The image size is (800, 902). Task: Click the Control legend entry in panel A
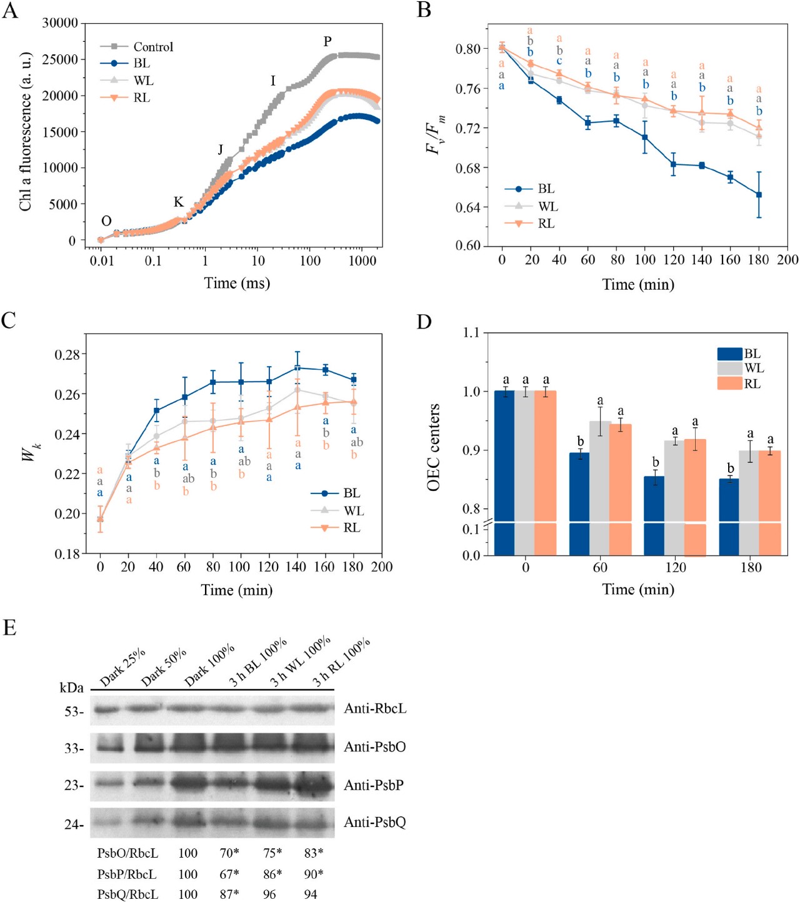[x=152, y=47]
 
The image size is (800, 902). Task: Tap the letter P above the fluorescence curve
[x=327, y=42]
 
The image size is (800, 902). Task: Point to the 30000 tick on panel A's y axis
[x=60, y=23]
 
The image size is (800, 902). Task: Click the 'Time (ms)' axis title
[x=237, y=283]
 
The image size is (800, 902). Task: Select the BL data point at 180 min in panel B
[x=759, y=195]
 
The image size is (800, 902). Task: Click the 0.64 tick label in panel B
[x=469, y=207]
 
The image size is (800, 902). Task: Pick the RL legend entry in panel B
[x=546, y=224]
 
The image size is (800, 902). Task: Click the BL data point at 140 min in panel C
[x=297, y=367]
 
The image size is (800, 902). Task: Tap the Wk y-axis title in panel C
[x=30, y=452]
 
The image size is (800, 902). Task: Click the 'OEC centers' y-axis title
[x=434, y=447]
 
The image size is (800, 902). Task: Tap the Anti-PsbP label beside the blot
[x=374, y=785]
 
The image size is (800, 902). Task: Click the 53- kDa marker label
[x=74, y=711]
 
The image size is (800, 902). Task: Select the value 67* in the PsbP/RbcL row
[x=229, y=874]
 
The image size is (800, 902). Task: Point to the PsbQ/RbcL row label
[x=127, y=895]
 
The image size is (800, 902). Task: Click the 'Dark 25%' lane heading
[x=122, y=667]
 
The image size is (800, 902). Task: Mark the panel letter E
[x=9, y=628]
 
